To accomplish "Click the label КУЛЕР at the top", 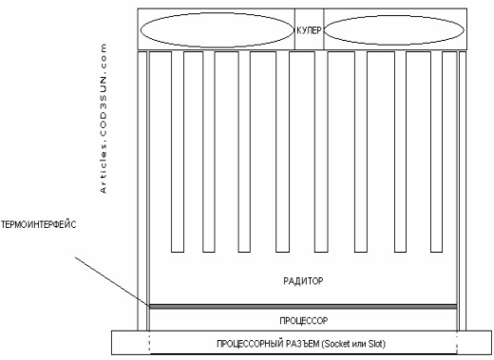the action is [x=309, y=30].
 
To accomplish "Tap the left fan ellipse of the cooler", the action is [x=217, y=13].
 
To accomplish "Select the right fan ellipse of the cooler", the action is [x=394, y=16].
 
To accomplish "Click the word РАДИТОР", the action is [x=303, y=281].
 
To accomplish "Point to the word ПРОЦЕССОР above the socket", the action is [x=304, y=321].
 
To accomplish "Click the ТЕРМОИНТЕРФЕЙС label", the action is [x=38, y=225].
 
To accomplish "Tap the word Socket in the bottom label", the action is [x=338, y=344].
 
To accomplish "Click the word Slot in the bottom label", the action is [x=377, y=344].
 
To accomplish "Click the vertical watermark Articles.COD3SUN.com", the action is [x=104, y=119].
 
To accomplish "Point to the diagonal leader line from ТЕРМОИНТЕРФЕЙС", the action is [x=112, y=282].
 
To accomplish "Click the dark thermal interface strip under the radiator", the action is [x=303, y=307].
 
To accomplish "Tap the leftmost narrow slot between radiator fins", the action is [x=178, y=152].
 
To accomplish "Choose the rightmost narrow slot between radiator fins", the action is [x=436, y=152].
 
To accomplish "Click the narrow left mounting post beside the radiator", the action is [x=142, y=191].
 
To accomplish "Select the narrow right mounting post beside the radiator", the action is [x=463, y=191].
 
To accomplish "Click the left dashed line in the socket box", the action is [x=149, y=343].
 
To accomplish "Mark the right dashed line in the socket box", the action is [x=457, y=343].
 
